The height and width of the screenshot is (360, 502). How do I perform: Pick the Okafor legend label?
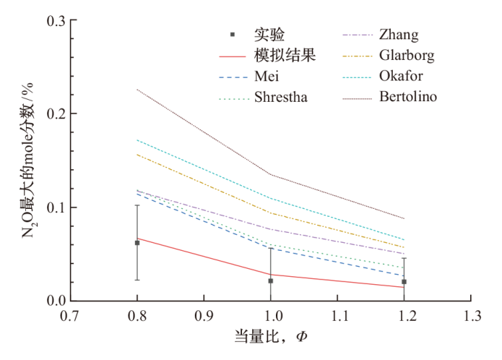pyautogui.click(x=402, y=76)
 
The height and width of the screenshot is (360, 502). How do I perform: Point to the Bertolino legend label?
pyautogui.click(x=407, y=97)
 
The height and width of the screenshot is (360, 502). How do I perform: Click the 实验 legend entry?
pyautogui.click(x=269, y=34)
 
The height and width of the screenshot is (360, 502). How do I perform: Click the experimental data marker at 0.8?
pyautogui.click(x=137, y=243)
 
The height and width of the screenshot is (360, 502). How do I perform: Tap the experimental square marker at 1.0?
pyautogui.click(x=271, y=280)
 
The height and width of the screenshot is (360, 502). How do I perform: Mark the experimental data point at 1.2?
pyautogui.click(x=404, y=281)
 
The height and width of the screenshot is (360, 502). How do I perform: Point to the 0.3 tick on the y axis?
pyautogui.click(x=58, y=22)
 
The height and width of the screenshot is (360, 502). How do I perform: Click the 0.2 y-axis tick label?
pyautogui.click(x=58, y=114)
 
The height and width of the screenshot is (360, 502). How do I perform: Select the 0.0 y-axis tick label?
pyautogui.click(x=58, y=301)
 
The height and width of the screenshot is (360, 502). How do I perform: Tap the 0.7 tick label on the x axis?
pyautogui.click(x=71, y=317)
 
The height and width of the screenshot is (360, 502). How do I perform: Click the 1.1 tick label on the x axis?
pyautogui.click(x=337, y=317)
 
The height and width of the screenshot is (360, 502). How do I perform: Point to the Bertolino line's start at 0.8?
pyautogui.click(x=137, y=90)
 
